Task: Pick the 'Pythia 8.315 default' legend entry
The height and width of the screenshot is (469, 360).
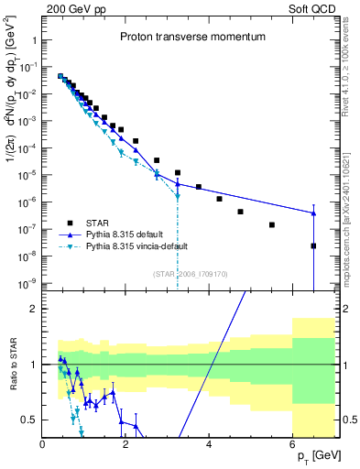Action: click(132, 234)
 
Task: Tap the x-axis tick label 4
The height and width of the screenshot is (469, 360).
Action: click(209, 444)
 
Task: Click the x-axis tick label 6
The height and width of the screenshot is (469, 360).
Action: click(292, 444)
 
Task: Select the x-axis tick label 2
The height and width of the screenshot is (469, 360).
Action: click(125, 444)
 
